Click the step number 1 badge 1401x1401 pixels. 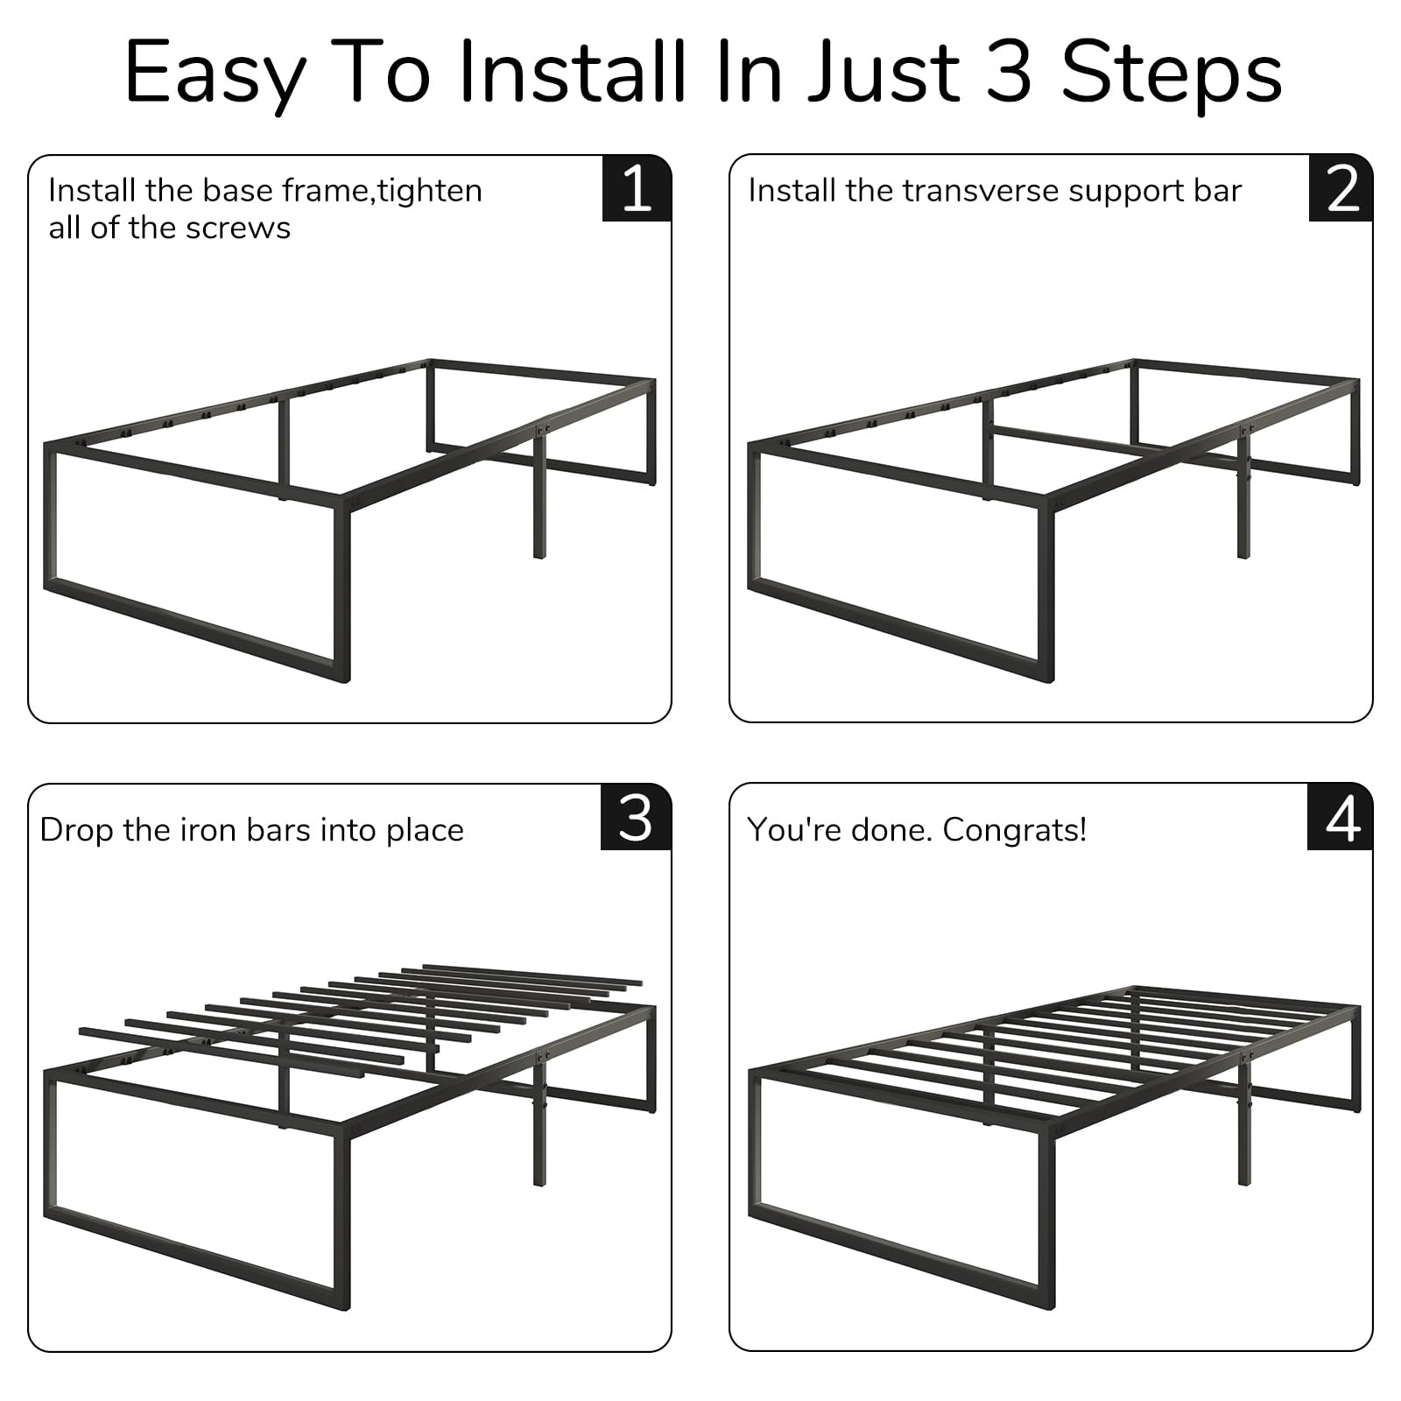pos(637,188)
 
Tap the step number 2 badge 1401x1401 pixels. pos(1341,188)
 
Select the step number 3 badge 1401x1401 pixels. pos(636,818)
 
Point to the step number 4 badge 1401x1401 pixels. pos(1341,818)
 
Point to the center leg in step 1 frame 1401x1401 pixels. pos(539,499)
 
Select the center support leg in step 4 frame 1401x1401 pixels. pos(1243,1130)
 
